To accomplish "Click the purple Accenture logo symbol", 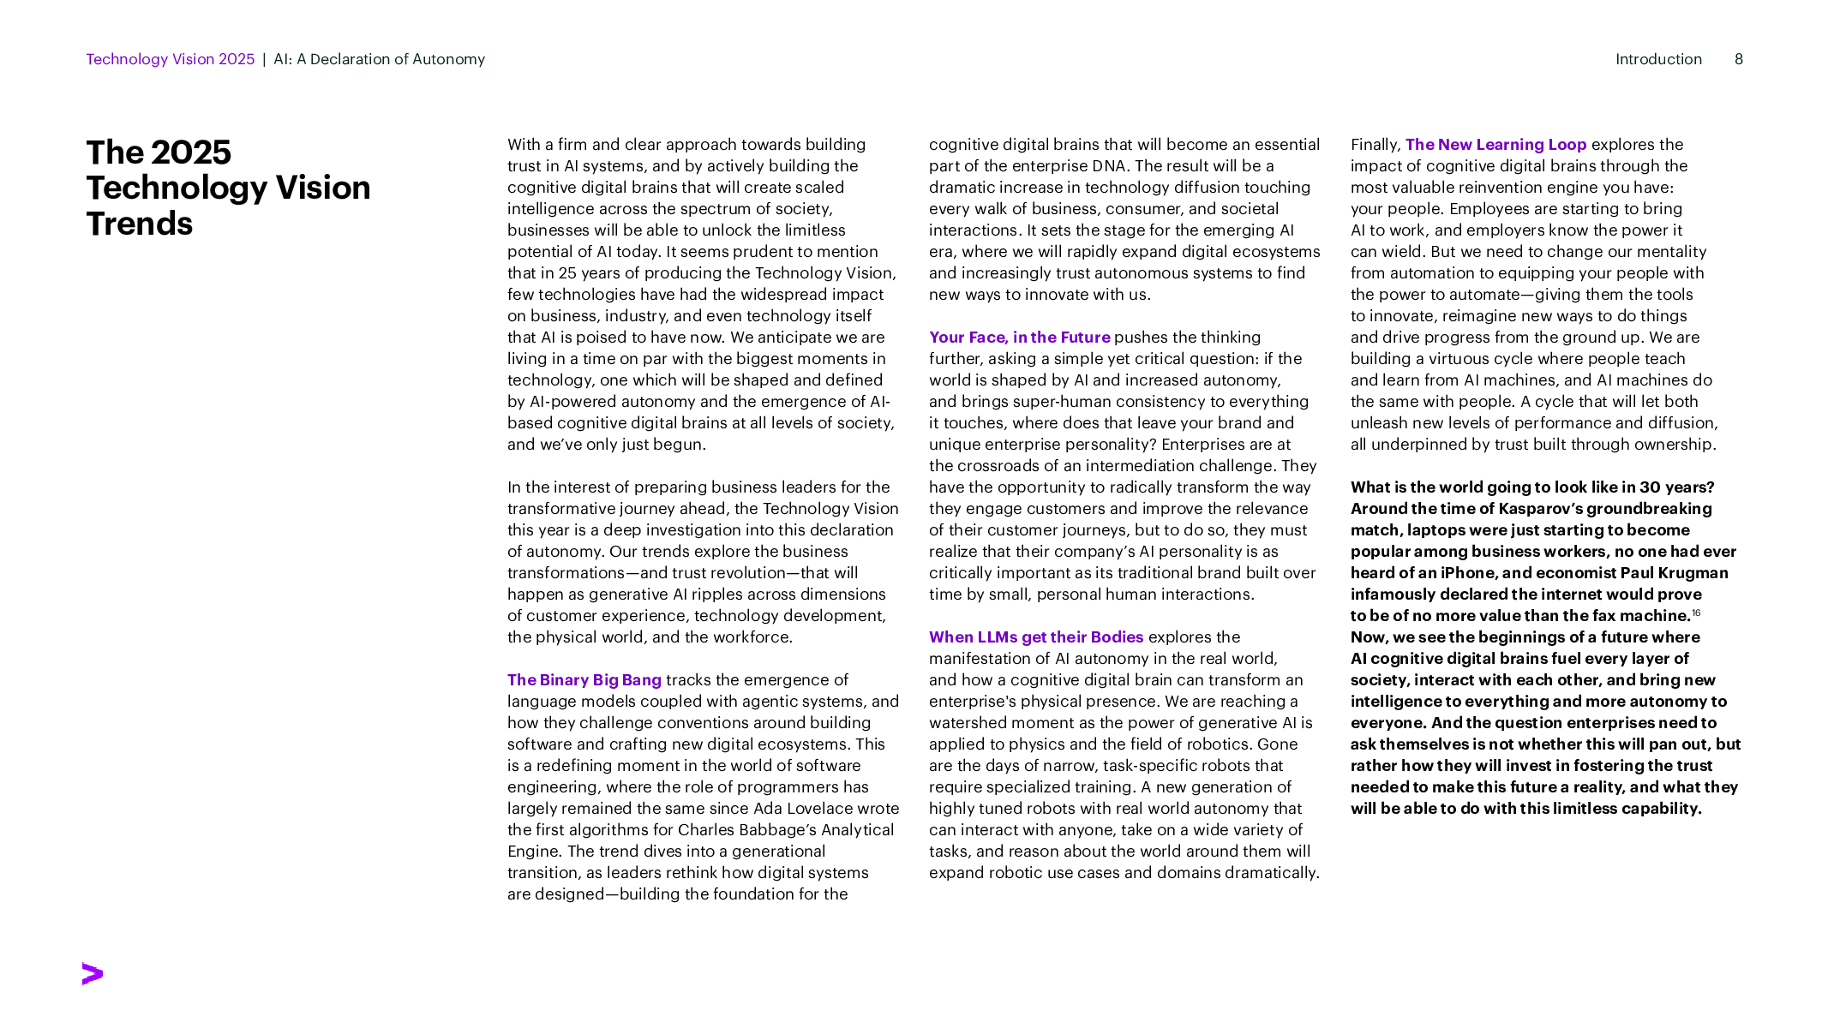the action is coord(93,973).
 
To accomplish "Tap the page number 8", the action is coord(1739,59).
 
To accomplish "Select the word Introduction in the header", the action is coord(1658,59).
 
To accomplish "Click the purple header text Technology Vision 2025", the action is coord(171,59).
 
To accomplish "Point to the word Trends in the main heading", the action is coord(140,224).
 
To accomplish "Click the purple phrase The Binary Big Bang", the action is coord(584,680).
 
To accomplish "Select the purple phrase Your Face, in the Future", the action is coord(1020,338).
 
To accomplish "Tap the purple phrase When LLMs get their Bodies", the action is coord(1036,637).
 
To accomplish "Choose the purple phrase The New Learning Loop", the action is coord(1495,145).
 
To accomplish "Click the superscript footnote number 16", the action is coord(1696,613).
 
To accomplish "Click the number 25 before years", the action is coord(567,273).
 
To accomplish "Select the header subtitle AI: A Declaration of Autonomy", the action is coord(380,59).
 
